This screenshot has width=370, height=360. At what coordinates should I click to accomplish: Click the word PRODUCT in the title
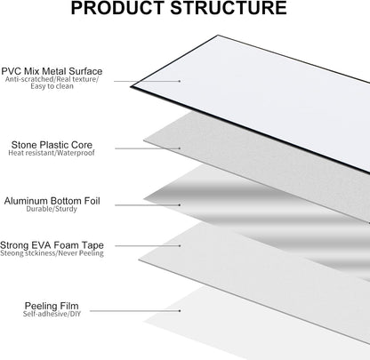tap(117, 8)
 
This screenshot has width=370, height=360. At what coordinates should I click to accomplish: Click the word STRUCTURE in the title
tap(229, 8)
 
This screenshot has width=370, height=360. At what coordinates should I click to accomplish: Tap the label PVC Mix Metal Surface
tap(52, 71)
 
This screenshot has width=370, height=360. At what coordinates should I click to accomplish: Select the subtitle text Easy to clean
tap(52, 86)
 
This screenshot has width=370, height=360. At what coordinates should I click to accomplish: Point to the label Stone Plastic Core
tap(52, 145)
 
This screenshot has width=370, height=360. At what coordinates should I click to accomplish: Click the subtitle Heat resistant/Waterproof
tap(52, 153)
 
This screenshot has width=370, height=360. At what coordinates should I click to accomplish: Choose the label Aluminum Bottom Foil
tap(52, 201)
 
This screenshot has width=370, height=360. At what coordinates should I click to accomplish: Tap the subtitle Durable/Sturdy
tap(52, 209)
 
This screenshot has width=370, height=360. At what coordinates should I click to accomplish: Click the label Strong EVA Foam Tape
tap(52, 245)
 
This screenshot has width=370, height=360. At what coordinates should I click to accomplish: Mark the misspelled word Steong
tap(12, 253)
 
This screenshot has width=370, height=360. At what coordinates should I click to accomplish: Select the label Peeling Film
tap(52, 306)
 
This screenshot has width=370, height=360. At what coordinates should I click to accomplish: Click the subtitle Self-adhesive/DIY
tap(52, 314)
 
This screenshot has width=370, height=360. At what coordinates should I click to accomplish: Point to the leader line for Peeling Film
tap(135, 311)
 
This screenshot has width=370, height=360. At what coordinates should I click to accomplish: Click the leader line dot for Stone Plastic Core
tap(180, 148)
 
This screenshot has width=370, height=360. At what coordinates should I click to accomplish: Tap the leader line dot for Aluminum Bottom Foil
tap(180, 204)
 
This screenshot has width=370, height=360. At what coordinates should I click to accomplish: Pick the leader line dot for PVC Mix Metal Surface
tap(180, 81)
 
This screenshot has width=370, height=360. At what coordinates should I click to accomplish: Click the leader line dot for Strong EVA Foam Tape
tap(180, 245)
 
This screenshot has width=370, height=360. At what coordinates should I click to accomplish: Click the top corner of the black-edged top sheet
tap(219, 36)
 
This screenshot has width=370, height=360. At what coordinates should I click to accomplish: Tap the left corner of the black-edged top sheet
tap(131, 86)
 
